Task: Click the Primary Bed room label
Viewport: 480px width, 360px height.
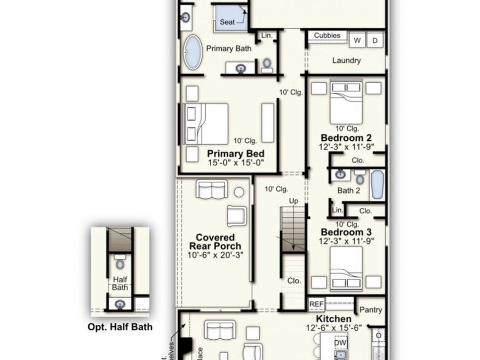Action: coord(236,154)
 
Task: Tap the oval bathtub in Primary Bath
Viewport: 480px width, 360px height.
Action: coord(193,52)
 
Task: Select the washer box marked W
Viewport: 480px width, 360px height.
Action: coord(357,40)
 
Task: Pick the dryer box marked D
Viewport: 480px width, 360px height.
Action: coord(375,40)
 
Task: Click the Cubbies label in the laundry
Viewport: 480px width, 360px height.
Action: coord(327,36)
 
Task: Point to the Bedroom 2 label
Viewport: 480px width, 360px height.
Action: coord(346,138)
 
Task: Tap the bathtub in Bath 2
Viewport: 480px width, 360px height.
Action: coord(377,185)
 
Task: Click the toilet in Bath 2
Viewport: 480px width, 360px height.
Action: coord(360,178)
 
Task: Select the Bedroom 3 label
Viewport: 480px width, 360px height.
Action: coord(346,233)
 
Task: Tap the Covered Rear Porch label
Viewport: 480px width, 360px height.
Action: coord(215,242)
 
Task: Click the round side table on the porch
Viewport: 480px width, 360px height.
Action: coord(239,192)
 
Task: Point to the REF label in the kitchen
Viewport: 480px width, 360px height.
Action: coord(316,304)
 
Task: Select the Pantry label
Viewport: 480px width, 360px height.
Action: coord(370,309)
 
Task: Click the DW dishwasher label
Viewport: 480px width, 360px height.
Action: coord(340,343)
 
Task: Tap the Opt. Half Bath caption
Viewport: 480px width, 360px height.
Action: coord(119,327)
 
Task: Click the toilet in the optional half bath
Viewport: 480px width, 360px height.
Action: coord(119,263)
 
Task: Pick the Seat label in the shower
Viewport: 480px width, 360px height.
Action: coord(228,22)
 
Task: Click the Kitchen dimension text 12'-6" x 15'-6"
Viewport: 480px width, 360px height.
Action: coord(334,328)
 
